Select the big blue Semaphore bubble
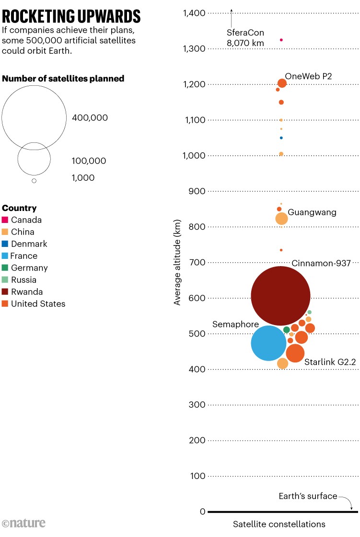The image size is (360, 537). [269, 343]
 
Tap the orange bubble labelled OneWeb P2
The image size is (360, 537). [282, 83]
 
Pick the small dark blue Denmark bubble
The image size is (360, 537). [281, 138]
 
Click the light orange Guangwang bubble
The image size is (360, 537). [281, 219]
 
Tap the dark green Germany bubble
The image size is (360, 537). [287, 330]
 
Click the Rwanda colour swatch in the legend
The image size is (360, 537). [5, 292]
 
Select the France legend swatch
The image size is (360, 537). [5, 256]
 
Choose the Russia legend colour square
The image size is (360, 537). [5, 280]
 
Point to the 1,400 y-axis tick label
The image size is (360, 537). [194, 13]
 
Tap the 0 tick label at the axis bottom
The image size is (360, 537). [203, 512]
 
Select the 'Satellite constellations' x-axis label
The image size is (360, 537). [279, 524]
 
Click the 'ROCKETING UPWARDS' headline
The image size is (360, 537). [71, 17]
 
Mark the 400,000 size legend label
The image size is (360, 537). [90, 118]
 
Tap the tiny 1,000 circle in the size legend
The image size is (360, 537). [34, 181]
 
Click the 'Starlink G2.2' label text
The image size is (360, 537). [330, 362]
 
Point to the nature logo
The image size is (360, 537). [23, 523]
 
